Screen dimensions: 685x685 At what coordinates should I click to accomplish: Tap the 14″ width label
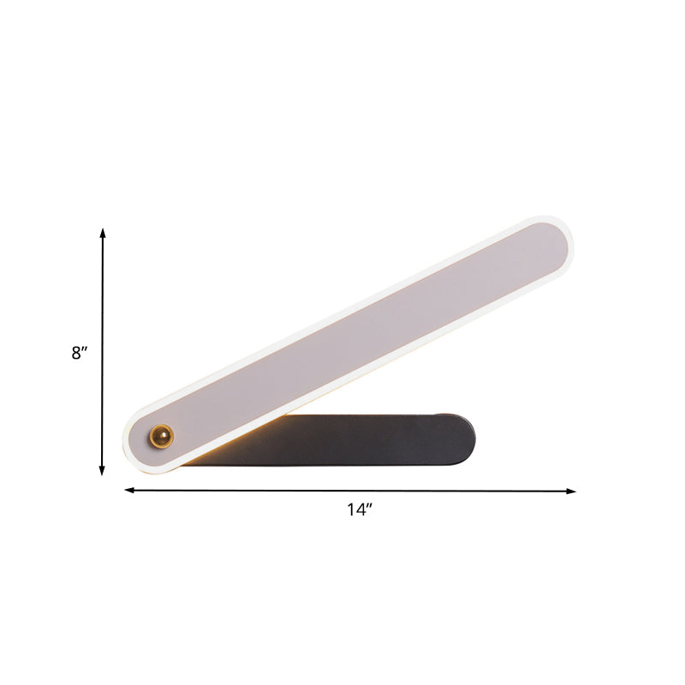point(360,510)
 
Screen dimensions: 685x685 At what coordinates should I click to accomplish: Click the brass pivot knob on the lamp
point(160,437)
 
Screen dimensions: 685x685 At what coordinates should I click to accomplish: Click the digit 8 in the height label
point(76,353)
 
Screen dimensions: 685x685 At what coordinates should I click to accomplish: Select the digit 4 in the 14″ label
point(360,510)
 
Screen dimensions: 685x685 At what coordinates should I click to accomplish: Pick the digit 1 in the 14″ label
point(350,510)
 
